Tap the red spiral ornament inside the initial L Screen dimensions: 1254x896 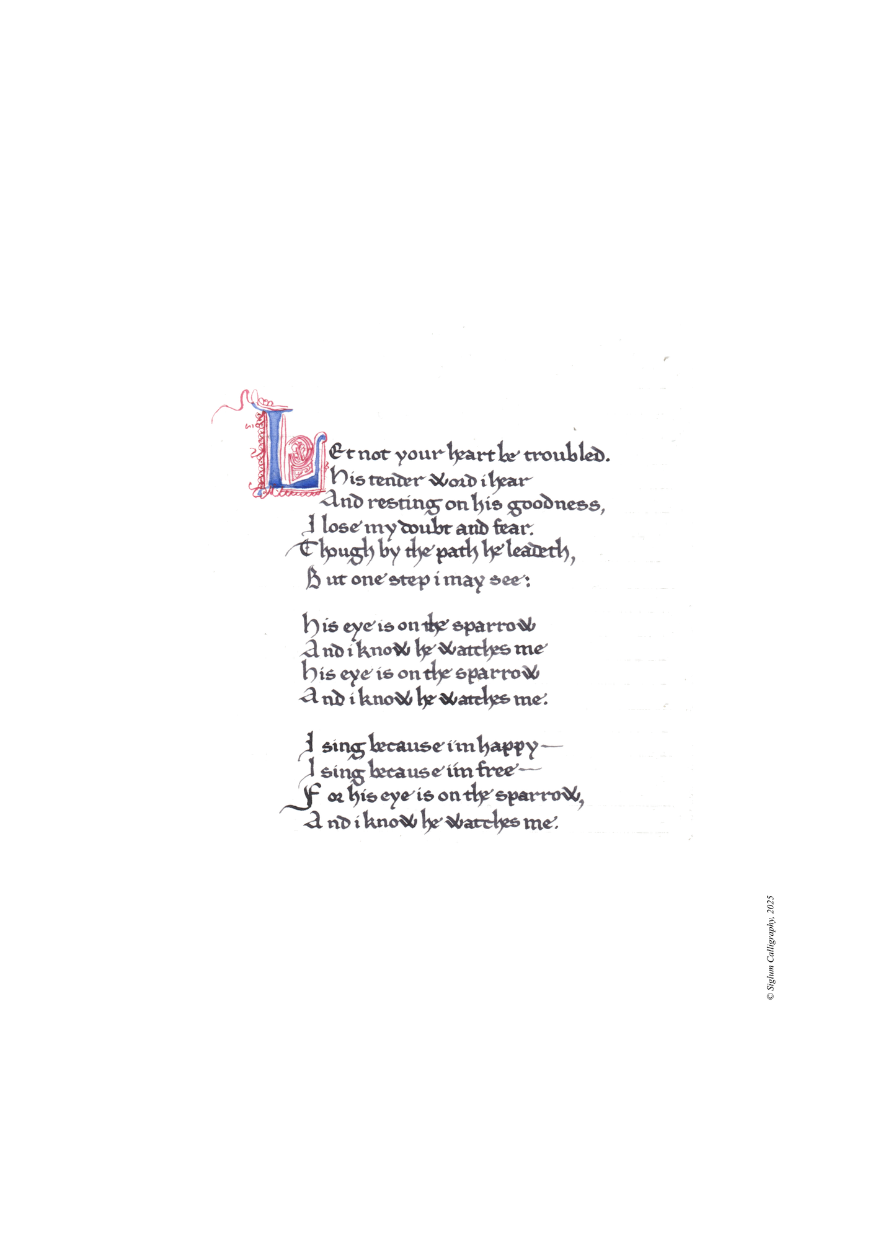click(x=302, y=450)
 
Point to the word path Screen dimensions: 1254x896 click(x=457, y=554)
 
